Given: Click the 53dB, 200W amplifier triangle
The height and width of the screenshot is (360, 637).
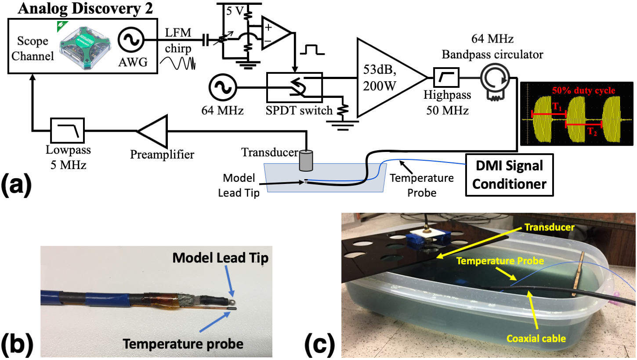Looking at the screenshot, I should tap(387, 78).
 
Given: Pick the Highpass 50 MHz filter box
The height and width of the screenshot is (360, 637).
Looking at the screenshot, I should tap(447, 79).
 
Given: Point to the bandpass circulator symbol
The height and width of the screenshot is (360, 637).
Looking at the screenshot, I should tap(494, 79).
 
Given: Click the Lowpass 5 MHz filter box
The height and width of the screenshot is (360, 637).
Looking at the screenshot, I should tap(68, 130).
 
